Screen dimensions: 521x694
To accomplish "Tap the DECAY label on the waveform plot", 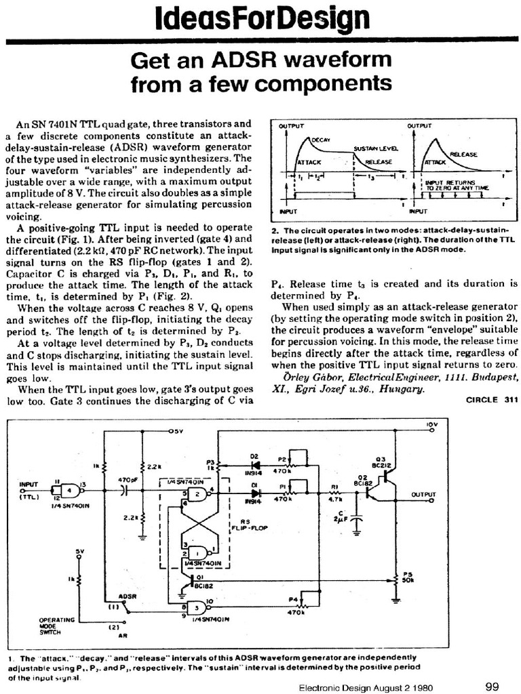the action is tap(320, 139).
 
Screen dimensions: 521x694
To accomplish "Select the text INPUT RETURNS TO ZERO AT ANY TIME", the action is tap(448, 185).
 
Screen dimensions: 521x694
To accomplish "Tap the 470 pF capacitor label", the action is tap(127, 480).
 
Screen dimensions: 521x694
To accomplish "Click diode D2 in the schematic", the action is tap(256, 466).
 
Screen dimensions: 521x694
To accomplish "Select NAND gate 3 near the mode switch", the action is tap(198, 607).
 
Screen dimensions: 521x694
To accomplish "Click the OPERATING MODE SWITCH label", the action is tap(52, 626).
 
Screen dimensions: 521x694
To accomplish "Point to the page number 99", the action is tap(493, 685).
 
